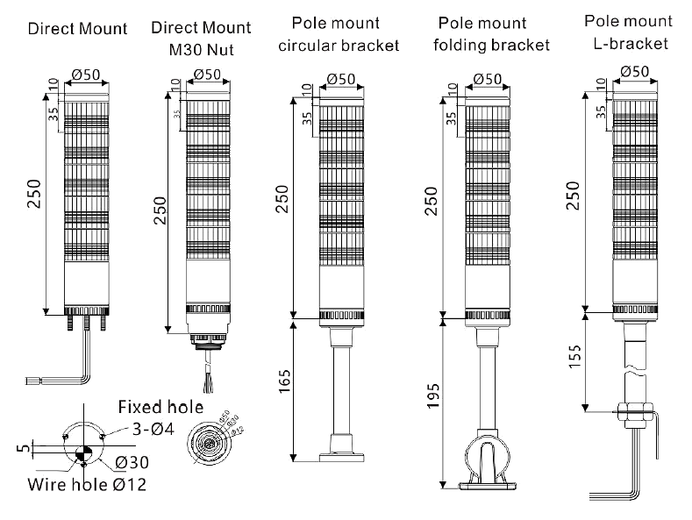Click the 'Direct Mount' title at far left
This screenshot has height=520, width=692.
(x=77, y=28)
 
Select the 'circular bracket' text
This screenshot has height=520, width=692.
(x=338, y=45)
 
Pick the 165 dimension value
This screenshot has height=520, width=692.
(x=285, y=388)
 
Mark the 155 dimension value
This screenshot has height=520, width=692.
(x=575, y=358)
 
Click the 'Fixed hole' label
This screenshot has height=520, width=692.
(x=161, y=407)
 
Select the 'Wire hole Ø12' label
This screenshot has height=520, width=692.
(x=86, y=484)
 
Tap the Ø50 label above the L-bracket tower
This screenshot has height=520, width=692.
(x=633, y=70)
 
